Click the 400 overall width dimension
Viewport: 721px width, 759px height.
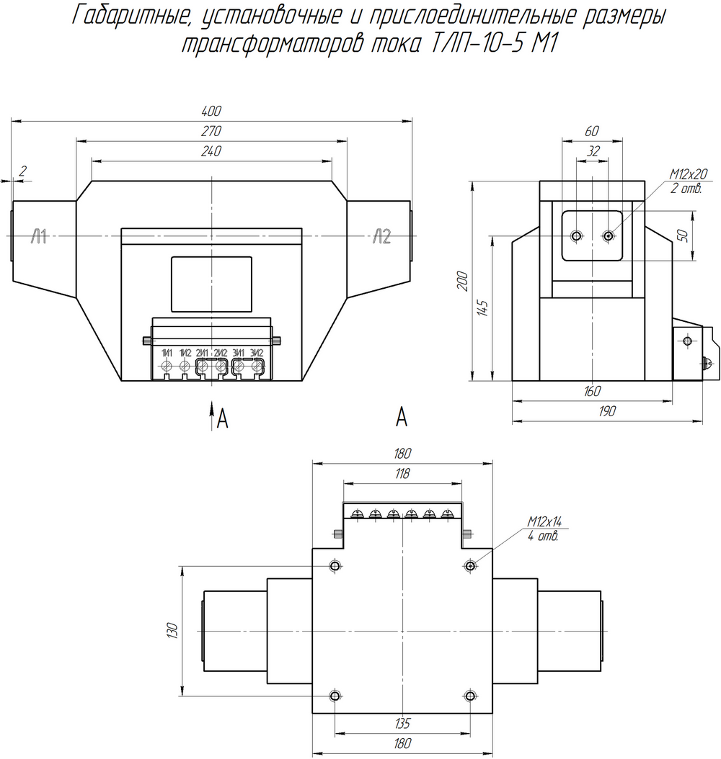tap(211, 111)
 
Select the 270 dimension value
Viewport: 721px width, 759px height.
tap(211, 130)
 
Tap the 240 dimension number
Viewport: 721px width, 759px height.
tap(211, 151)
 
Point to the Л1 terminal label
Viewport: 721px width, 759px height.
tap(39, 237)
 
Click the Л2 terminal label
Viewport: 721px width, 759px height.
tap(382, 237)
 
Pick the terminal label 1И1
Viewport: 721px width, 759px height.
tap(167, 354)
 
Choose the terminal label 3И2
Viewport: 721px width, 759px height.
tap(257, 354)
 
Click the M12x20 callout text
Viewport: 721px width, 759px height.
tap(689, 174)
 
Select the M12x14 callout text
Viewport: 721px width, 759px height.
tap(544, 521)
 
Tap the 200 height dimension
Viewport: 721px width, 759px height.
tap(463, 282)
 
